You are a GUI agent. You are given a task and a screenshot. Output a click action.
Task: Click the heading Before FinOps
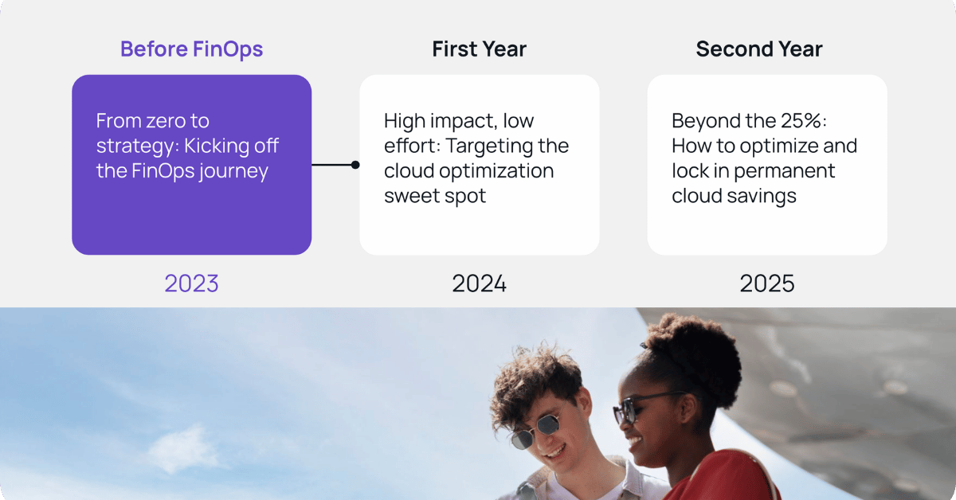click(x=191, y=49)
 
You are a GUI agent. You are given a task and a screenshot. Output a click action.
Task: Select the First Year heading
click(x=479, y=49)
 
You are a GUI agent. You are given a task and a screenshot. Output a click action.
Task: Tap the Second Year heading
click(x=758, y=49)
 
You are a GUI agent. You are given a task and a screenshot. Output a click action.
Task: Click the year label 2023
click(x=191, y=283)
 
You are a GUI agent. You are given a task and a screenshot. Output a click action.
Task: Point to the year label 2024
click(x=479, y=283)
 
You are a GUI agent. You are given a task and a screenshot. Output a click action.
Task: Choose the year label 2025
click(x=766, y=283)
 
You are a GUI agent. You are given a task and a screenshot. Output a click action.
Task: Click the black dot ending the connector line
click(x=355, y=165)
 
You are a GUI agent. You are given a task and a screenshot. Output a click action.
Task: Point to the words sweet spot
click(x=434, y=196)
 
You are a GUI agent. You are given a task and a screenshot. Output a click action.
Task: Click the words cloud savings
click(x=734, y=196)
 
